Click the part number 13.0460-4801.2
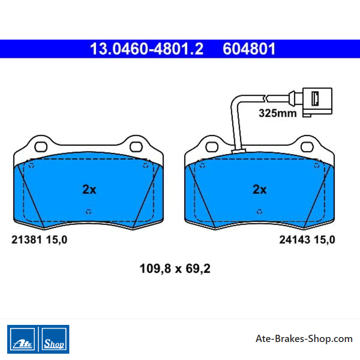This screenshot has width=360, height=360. click(x=147, y=49)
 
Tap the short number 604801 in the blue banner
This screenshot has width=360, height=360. click(x=249, y=49)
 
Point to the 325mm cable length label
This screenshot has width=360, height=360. click(x=278, y=113)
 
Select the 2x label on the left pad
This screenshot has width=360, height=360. click(x=89, y=189)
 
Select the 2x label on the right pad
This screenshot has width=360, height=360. click(x=260, y=189)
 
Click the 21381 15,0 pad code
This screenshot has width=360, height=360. click(x=39, y=240)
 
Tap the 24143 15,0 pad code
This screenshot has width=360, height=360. click(x=307, y=240)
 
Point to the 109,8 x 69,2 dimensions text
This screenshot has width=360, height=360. click(x=175, y=269)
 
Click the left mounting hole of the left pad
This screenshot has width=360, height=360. click(x=41, y=147)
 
